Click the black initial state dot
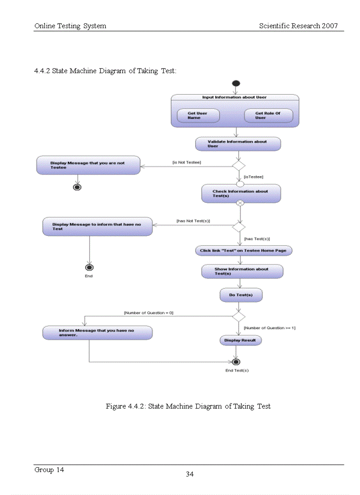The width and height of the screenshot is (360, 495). click(x=236, y=83)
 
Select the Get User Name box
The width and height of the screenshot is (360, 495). click(x=197, y=115)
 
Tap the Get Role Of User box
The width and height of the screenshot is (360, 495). click(x=268, y=115)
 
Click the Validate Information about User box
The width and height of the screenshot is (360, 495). click(x=238, y=144)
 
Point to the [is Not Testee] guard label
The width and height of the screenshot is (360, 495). click(x=186, y=163)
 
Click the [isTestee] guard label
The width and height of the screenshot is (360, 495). click(x=253, y=177)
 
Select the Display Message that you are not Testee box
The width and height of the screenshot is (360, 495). click(x=88, y=165)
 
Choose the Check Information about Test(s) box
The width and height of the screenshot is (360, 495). click(x=241, y=194)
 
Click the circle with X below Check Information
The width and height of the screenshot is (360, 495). click(x=240, y=203)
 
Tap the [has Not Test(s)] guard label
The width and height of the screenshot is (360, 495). click(x=193, y=220)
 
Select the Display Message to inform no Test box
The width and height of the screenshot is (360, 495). click(x=97, y=227)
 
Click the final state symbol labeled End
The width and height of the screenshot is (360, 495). click(x=90, y=268)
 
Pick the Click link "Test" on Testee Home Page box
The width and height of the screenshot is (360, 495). click(x=243, y=251)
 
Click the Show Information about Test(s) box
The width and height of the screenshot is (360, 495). click(x=242, y=272)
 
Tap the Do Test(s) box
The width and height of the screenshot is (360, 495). click(x=241, y=295)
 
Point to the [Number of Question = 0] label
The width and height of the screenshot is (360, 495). click(x=149, y=313)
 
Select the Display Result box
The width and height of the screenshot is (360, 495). click(x=240, y=340)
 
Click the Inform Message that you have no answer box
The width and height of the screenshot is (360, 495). click(x=97, y=333)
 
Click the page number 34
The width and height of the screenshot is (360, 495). click(x=190, y=474)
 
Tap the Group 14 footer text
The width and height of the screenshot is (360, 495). click(x=49, y=470)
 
